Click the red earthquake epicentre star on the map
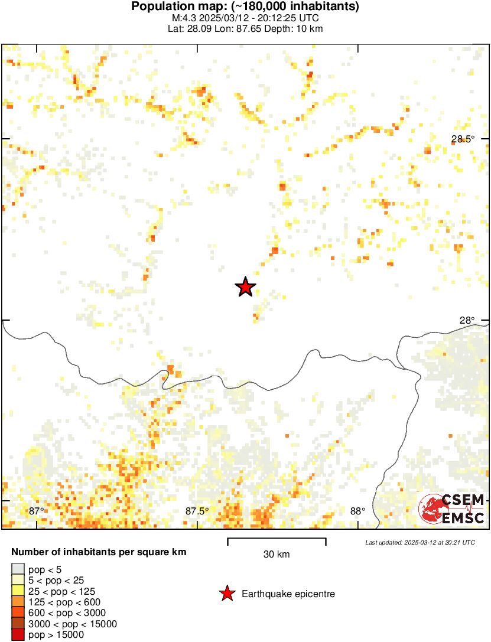[245, 288]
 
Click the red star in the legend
[226, 594]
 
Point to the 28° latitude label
[467, 320]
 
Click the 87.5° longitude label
[197, 511]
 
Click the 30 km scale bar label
[277, 554]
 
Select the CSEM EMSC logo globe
[431, 509]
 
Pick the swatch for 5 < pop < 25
[18, 581]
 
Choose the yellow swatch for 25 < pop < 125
[18, 591]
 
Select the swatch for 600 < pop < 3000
[18, 613]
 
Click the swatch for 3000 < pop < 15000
[18, 624]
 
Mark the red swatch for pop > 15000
[18, 635]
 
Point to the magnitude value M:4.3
[193, 18]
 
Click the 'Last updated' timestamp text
[420, 542]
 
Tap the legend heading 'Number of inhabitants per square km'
[99, 553]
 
